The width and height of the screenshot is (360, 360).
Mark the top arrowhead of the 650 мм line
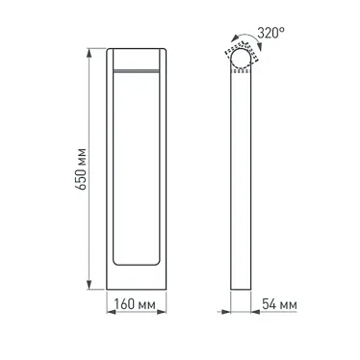click(x=92, y=48)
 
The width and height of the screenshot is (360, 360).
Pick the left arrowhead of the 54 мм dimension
click(x=232, y=310)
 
